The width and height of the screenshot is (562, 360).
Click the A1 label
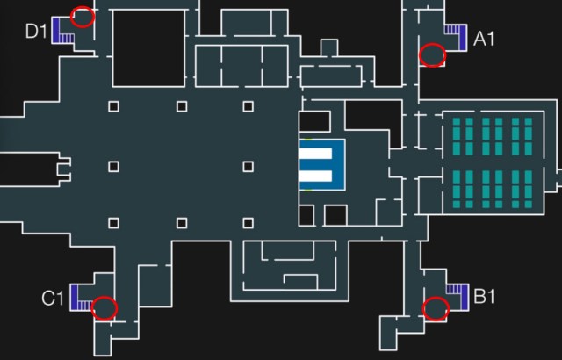pos(485,39)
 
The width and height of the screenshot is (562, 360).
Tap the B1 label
pos(485,297)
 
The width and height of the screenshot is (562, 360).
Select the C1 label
pos(53,299)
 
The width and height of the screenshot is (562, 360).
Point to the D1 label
pos(35,32)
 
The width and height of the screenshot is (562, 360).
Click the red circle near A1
pos(432,55)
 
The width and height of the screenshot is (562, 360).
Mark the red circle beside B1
pos(436,309)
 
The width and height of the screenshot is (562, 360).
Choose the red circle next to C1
pos(104,307)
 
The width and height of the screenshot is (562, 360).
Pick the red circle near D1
pos(83,17)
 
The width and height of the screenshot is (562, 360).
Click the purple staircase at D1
pos(61,29)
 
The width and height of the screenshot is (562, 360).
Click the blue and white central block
pos(321,165)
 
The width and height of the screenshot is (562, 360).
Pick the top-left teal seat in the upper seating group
pos(457,122)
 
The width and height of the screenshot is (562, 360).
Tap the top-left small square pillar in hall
pos(113,106)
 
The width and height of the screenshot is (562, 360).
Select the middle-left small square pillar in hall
pos(113,165)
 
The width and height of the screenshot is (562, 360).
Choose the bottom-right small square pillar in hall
pos(249,223)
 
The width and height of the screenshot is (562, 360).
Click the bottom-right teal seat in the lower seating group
pos(530,203)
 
